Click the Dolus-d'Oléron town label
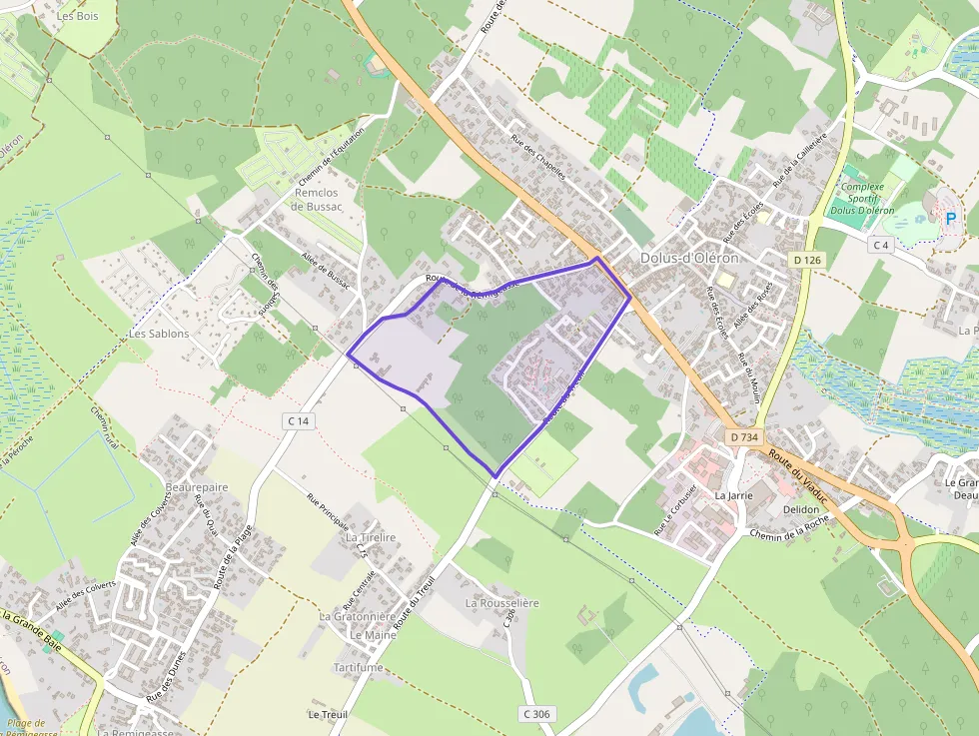(688, 258)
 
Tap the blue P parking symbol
(950, 219)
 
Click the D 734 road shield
(744, 436)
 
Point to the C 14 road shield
(298, 421)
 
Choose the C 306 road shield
(536, 714)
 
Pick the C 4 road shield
(880, 245)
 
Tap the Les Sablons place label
(159, 334)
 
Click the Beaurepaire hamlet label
(197, 486)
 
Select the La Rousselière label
(502, 603)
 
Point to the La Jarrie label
(733, 494)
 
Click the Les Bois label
(78, 16)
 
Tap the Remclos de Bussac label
(317, 200)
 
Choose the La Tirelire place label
(371, 537)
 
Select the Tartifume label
(358, 667)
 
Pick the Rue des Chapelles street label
(538, 156)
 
